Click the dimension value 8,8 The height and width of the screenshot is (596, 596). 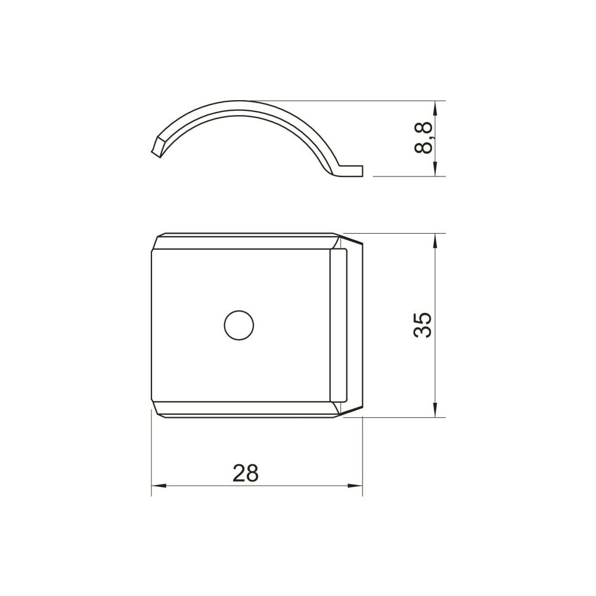pyautogui.click(x=423, y=138)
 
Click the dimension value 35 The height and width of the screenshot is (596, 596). pyautogui.click(x=423, y=325)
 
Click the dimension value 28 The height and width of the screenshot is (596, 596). pyautogui.click(x=246, y=473)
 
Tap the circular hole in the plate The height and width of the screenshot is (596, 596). pyautogui.click(x=239, y=325)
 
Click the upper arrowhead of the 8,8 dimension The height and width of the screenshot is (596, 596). pyautogui.click(x=435, y=108)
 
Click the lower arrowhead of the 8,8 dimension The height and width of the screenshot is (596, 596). pyautogui.click(x=435, y=169)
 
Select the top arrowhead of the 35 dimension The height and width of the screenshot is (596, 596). pyautogui.click(x=435, y=241)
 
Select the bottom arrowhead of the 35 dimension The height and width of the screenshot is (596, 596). pyautogui.click(x=435, y=410)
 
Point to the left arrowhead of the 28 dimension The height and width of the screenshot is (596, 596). pyautogui.click(x=159, y=486)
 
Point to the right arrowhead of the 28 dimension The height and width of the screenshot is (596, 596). pyautogui.click(x=355, y=486)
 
